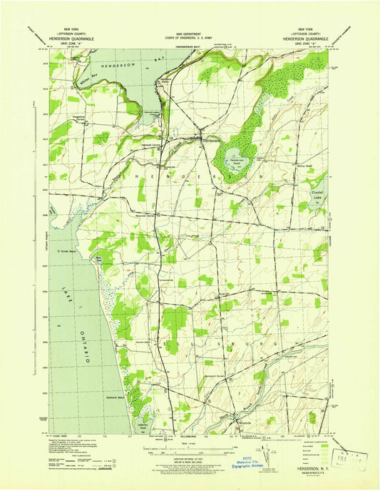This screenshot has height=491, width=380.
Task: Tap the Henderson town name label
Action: (212, 141)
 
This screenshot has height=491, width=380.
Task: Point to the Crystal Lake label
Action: (317, 193)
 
